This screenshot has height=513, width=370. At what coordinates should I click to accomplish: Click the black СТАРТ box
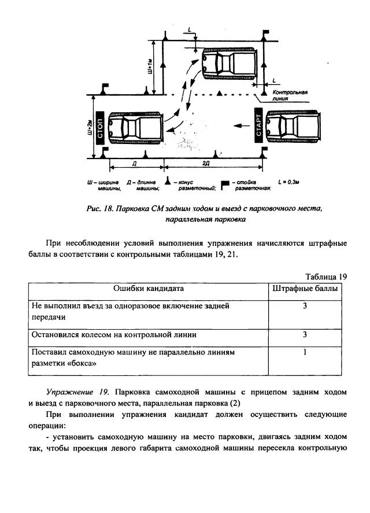click(258, 124)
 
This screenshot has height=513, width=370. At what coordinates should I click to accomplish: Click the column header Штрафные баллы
click(305, 288)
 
